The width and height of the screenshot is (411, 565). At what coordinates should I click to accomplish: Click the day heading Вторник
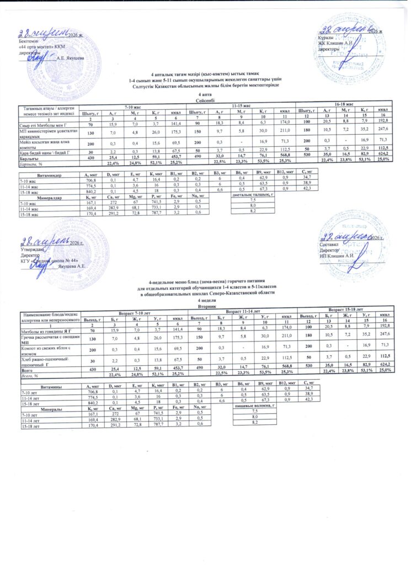pos(206,305)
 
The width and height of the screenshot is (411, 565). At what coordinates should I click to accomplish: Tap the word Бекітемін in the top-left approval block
pos(29,42)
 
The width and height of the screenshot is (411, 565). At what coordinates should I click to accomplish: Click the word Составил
pos(330,243)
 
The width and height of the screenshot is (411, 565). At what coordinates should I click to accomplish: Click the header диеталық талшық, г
pos(253,195)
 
